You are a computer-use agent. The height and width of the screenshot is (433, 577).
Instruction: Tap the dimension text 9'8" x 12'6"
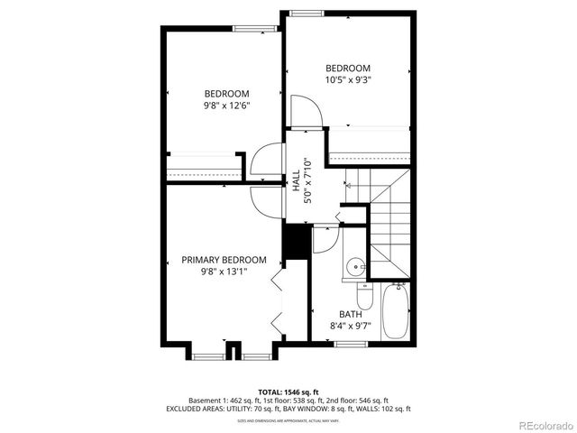click(226, 106)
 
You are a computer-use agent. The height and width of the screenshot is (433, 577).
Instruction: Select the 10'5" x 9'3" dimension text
click(348, 79)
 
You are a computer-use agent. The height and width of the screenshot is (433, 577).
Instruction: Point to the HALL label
click(296, 180)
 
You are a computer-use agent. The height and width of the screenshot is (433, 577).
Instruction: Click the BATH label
click(351, 314)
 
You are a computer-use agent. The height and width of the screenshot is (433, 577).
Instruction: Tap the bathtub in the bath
click(395, 311)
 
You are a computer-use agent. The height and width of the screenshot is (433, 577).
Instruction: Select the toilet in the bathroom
click(362, 295)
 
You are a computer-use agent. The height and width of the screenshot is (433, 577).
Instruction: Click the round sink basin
click(358, 266)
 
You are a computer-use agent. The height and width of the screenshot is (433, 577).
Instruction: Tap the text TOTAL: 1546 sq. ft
click(288, 392)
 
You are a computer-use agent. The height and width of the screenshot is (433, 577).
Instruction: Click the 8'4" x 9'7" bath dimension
click(351, 325)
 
